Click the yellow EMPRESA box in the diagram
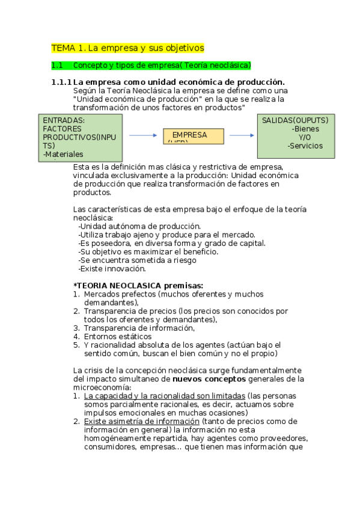click(x=194, y=136)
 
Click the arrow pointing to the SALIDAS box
click(x=242, y=135)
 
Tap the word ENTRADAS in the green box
click(x=64, y=120)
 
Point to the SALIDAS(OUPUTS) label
click(x=295, y=120)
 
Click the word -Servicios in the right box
click(x=305, y=146)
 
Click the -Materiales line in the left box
click(x=63, y=155)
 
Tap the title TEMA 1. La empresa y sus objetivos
click(x=127, y=48)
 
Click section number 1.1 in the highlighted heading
click(x=58, y=65)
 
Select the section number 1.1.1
click(x=61, y=82)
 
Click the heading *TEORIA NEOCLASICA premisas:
click(x=138, y=285)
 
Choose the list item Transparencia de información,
click(x=139, y=328)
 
